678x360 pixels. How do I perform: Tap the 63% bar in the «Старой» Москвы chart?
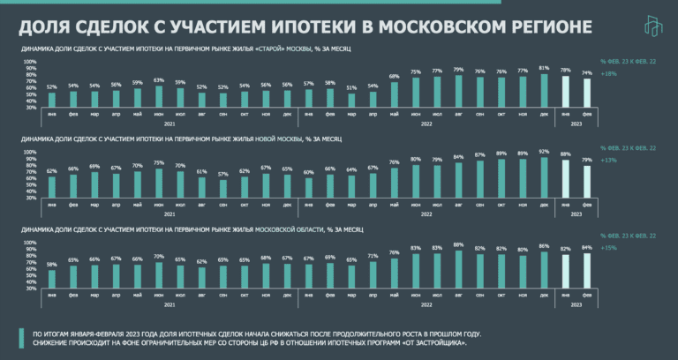click(159, 95)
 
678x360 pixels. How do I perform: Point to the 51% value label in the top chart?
click(352, 87)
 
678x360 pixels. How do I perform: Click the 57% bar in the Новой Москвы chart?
click(223, 187)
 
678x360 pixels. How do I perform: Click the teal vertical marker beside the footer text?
click(21, 338)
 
